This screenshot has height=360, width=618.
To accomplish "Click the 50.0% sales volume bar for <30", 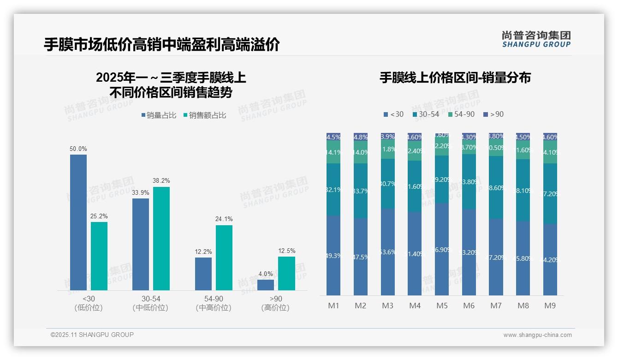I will [78, 222].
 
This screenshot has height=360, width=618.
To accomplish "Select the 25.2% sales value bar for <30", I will [99, 256].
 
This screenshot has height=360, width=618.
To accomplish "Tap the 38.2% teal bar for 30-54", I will [161, 239].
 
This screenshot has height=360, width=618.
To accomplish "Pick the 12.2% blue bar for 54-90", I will [203, 274].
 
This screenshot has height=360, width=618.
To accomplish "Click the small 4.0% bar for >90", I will [266, 285].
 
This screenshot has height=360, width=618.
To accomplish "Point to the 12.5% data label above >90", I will [287, 251].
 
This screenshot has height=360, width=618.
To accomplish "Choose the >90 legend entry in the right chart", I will [493, 114].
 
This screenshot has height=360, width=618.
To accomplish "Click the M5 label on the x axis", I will [442, 306].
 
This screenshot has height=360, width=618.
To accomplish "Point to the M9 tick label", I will [550, 306].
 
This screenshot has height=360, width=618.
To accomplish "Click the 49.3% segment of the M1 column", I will [333, 255].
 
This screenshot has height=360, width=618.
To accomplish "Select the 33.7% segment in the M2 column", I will [361, 191].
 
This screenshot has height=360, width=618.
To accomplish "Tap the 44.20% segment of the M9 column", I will [550, 259].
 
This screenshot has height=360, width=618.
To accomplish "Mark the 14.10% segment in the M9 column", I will [550, 152].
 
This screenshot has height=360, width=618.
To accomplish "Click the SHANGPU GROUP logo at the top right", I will [536, 39].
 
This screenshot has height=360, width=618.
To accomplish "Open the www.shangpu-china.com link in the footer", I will [537, 335].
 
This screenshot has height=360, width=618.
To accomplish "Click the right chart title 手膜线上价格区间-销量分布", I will [455, 78].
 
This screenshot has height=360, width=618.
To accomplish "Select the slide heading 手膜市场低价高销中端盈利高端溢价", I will [161, 45].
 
